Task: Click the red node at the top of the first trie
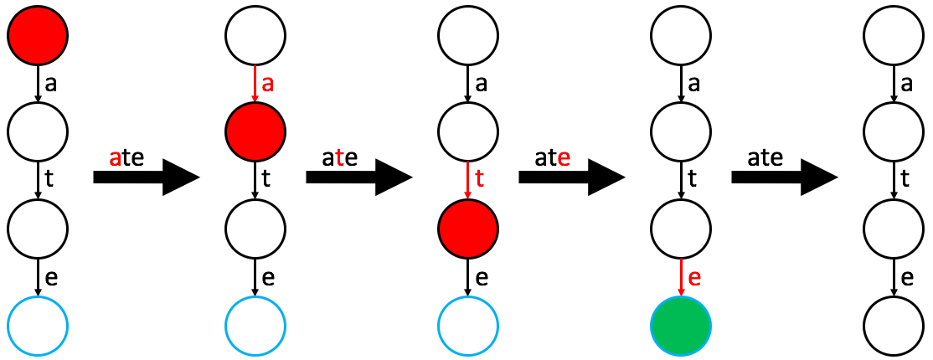38,36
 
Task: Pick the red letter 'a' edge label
268,85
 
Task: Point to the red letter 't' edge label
479,178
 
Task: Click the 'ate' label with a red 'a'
127,157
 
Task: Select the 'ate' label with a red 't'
339,157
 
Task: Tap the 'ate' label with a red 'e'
553,157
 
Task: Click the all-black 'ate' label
766,157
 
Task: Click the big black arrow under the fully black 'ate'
784,177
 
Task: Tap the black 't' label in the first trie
49,178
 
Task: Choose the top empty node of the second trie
255,36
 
